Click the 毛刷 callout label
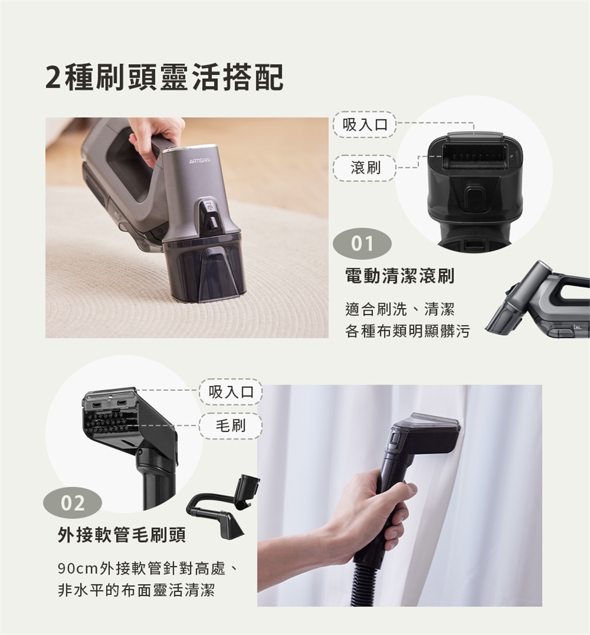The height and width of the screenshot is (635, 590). pos(230,425)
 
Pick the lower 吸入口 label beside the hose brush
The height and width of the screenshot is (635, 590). pos(230,392)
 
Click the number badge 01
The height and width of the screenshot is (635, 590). pos(362,245)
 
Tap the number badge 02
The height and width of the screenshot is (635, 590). pos(73,503)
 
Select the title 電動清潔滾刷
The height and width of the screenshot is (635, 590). pos(399,277)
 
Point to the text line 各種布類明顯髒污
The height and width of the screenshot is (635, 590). pos(407,331)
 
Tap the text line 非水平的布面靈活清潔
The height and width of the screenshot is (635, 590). pos(136,591)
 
